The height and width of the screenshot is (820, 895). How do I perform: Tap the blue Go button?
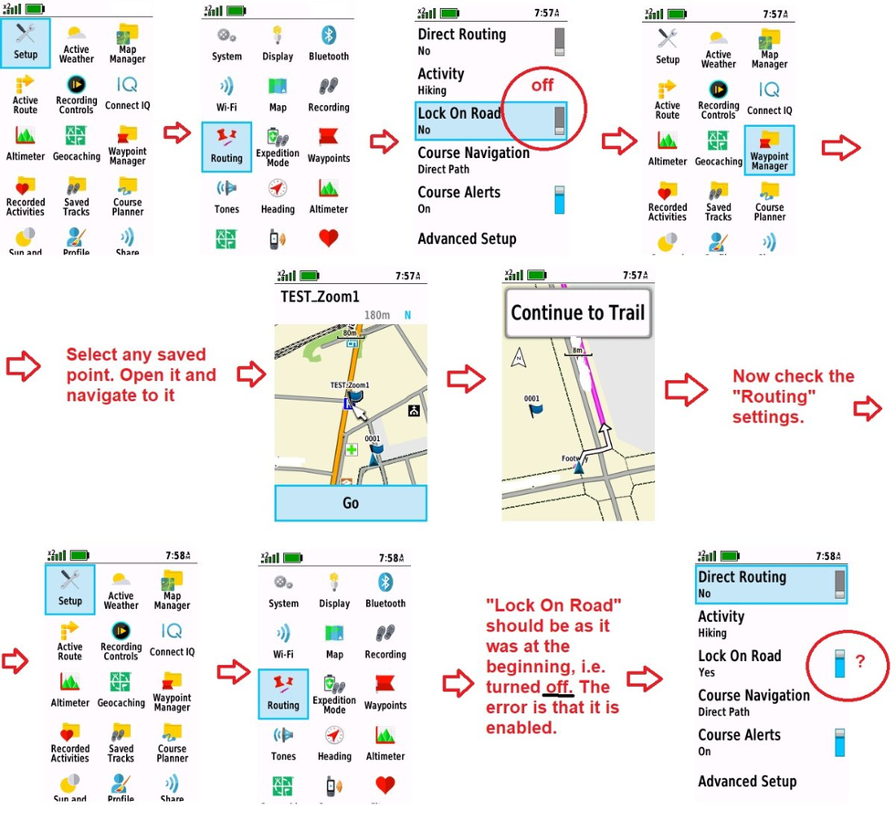click(x=351, y=503)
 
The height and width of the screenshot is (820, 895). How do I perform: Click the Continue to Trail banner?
click(x=577, y=313)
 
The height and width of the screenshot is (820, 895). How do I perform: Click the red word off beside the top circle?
click(x=542, y=86)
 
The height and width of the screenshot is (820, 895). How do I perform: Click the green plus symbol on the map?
click(x=352, y=449)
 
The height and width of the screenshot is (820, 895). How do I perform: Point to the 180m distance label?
click(x=377, y=316)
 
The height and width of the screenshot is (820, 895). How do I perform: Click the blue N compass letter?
click(x=407, y=316)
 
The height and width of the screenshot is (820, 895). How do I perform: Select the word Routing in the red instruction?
click(x=774, y=397)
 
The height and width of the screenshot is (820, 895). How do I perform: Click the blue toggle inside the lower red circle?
click(x=839, y=664)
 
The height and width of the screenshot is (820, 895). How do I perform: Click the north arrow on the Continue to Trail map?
click(x=519, y=357)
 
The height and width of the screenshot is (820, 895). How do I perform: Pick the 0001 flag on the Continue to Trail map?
click(x=534, y=410)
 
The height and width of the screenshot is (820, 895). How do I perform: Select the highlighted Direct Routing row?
click(x=769, y=583)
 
